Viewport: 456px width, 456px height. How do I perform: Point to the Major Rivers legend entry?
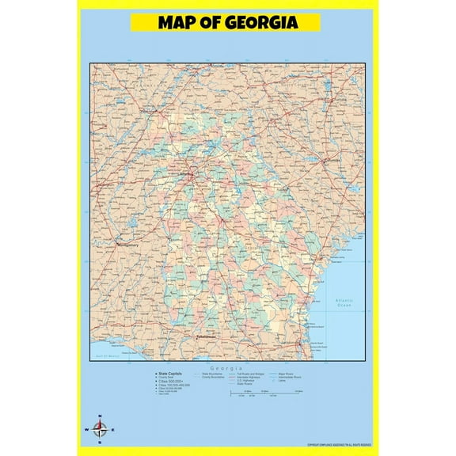pos(287,373)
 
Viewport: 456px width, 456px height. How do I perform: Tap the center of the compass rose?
pos(100,430)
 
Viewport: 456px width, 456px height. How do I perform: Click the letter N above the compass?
pos(100,417)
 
